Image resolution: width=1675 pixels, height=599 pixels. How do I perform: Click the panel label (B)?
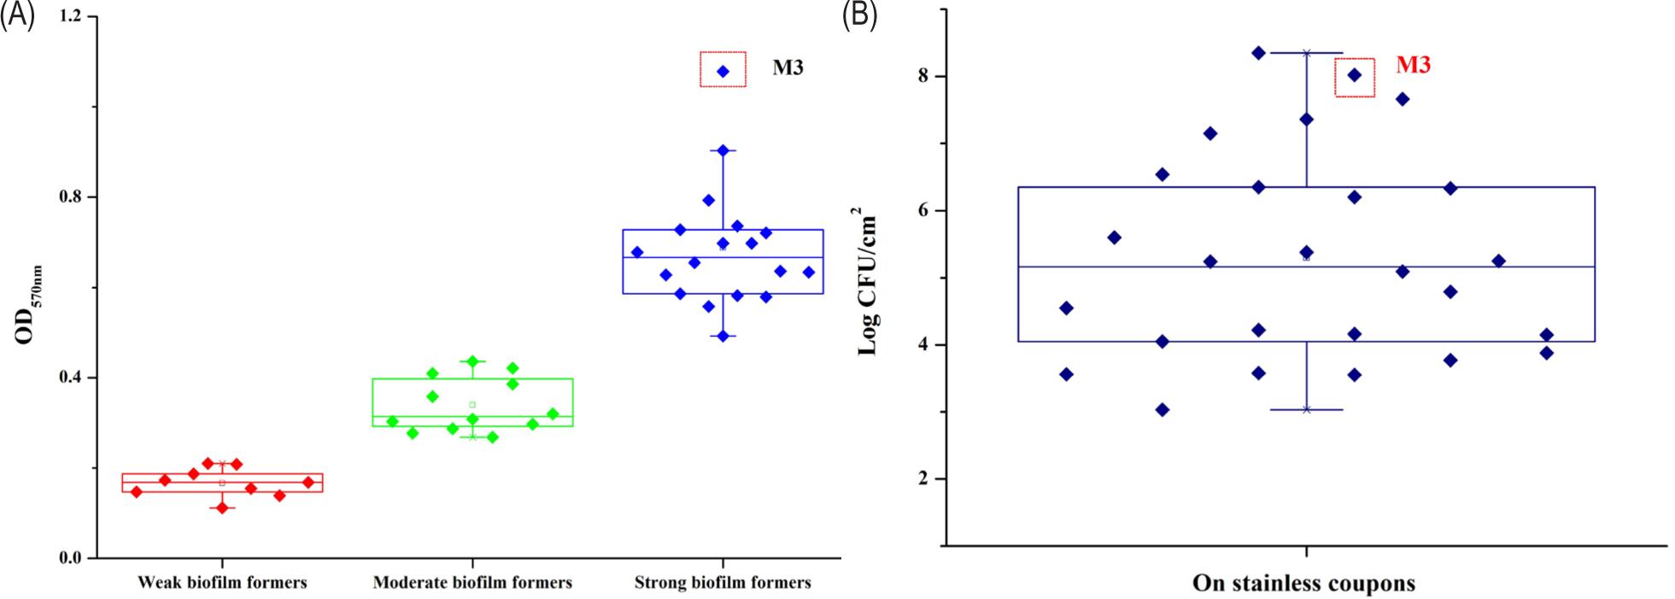pos(859,15)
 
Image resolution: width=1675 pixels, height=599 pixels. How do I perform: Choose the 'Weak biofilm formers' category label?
pos(222,583)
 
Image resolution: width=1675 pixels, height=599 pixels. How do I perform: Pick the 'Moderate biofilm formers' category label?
pos(472,583)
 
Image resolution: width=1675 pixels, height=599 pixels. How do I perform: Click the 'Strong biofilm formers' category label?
pos(723,583)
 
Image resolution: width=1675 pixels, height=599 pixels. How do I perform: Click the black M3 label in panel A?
pos(788,68)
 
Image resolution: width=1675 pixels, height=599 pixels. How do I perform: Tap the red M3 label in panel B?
pos(1413,65)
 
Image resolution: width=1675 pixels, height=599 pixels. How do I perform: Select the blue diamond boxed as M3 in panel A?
pos(723,71)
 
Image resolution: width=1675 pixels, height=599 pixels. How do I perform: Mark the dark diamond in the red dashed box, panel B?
pos(1355,75)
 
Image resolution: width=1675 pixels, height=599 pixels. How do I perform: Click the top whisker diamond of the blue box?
pos(723,150)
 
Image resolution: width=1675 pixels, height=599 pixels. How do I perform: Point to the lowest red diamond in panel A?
pos(222,508)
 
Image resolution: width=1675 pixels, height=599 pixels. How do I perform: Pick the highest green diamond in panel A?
pos(472,361)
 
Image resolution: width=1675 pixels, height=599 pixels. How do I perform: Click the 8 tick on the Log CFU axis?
pos(923,76)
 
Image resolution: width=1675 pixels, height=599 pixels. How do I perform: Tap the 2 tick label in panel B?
pos(923,479)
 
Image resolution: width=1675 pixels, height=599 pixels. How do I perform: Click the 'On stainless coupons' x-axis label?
pos(1303,584)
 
